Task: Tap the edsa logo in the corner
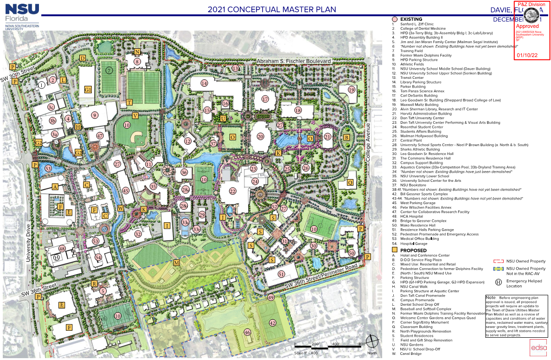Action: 539,347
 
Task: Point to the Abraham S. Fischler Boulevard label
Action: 295,61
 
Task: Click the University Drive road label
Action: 28,243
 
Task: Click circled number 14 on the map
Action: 204,83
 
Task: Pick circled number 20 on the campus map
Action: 260,136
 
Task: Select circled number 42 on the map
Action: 273,323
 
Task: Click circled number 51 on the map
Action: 282,274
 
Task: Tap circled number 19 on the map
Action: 351,90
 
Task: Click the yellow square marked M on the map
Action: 176,263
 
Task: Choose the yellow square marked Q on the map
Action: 350,182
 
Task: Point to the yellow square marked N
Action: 137,52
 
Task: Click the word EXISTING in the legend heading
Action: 411,19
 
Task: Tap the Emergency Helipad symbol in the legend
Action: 499,282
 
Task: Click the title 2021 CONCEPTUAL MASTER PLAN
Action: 272,9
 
